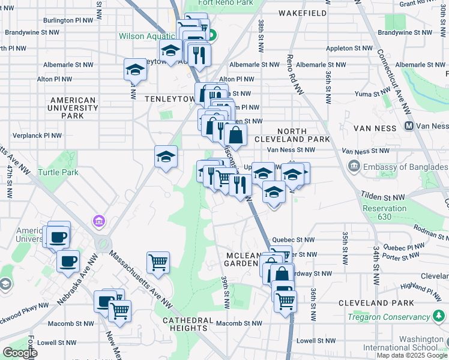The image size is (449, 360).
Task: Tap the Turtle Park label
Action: click(58, 172)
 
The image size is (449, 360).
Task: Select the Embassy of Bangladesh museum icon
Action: click(353, 166)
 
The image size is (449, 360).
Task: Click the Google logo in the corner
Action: click(20, 353)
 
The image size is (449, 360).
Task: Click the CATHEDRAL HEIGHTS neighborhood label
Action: click(193, 324)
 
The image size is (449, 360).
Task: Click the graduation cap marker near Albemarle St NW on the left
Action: click(135, 70)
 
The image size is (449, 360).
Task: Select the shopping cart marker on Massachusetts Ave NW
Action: click(157, 262)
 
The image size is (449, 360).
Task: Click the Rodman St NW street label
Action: click(432, 233)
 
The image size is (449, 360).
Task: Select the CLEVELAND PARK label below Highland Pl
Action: click(376, 303)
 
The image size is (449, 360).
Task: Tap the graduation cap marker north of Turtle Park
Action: click(166, 157)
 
